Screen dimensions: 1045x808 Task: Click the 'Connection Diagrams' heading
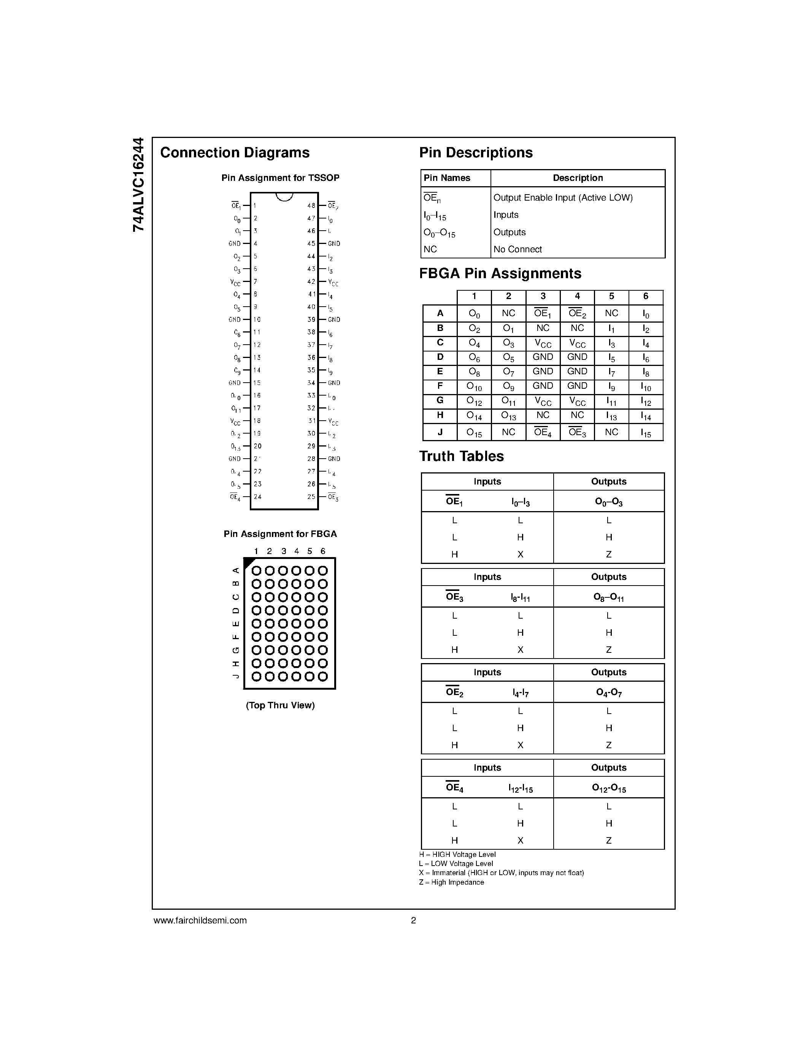pyautogui.click(x=235, y=153)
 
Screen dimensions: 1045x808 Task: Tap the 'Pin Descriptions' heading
pyautogui.click(x=476, y=153)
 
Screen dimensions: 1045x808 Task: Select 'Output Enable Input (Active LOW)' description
pyautogui.click(x=563, y=198)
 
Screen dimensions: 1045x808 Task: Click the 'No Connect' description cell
pyautogui.click(x=518, y=249)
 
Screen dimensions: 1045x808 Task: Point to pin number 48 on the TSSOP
pyautogui.click(x=311, y=206)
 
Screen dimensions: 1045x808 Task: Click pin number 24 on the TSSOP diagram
pyautogui.click(x=257, y=497)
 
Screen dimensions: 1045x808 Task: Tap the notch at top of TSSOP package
pyautogui.click(x=284, y=196)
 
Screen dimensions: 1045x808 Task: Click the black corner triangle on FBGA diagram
pyautogui.click(x=248, y=562)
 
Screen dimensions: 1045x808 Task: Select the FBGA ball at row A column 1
pyautogui.click(x=257, y=571)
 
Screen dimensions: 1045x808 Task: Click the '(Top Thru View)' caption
pyautogui.click(x=280, y=705)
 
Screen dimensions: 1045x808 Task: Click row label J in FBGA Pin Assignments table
pyautogui.click(x=440, y=432)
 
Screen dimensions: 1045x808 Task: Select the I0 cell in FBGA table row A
pyautogui.click(x=646, y=314)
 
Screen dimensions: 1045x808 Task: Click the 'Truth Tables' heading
pyautogui.click(x=462, y=456)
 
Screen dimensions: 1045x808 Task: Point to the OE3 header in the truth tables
pyautogui.click(x=454, y=597)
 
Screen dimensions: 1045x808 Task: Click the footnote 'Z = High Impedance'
pyautogui.click(x=451, y=882)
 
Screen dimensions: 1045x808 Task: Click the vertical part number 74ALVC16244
pyautogui.click(x=138, y=185)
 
